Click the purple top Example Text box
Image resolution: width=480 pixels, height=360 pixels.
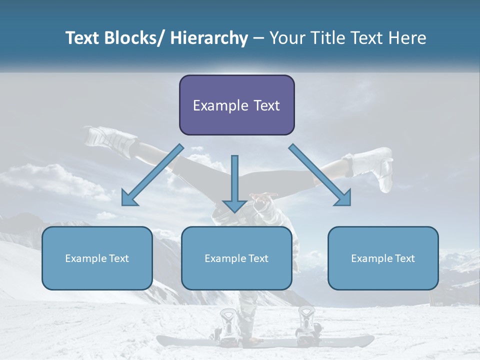(x=236, y=105)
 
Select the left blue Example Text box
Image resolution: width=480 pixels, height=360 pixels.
(x=97, y=258)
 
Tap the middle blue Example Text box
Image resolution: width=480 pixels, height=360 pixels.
(x=236, y=258)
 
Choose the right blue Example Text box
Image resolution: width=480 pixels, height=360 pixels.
(x=383, y=258)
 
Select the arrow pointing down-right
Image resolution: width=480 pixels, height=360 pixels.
(x=320, y=175)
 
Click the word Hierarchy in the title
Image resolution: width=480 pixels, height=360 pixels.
(x=209, y=38)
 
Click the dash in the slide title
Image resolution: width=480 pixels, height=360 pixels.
(x=258, y=38)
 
